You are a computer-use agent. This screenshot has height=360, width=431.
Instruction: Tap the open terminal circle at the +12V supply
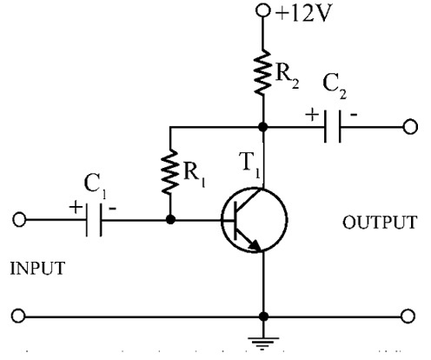263,12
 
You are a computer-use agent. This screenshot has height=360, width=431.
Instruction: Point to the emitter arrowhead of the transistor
255,245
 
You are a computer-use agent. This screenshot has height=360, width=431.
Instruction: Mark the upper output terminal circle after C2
409,127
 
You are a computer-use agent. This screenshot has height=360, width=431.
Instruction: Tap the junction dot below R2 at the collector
263,127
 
